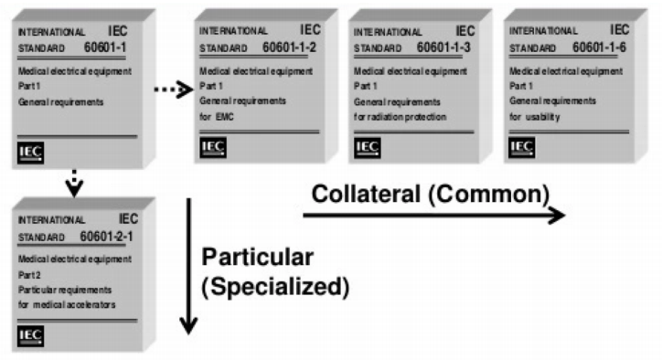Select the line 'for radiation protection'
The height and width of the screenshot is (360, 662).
tap(400, 116)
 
